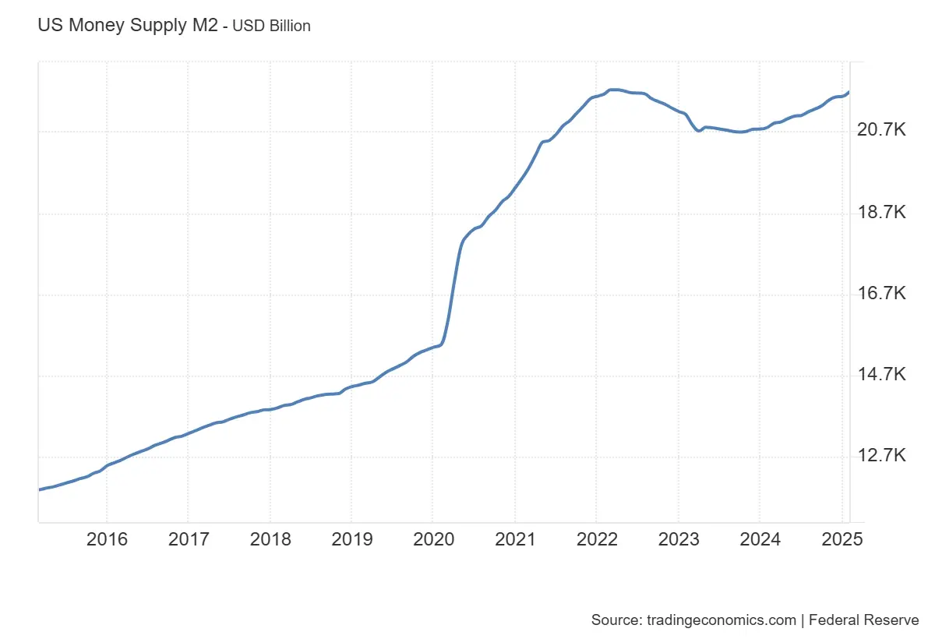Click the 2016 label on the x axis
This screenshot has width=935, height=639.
(x=107, y=540)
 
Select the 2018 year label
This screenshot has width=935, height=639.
(x=270, y=540)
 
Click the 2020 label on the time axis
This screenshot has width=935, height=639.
(x=432, y=540)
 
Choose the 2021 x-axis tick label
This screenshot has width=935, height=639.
(x=514, y=540)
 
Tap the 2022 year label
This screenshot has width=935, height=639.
(x=596, y=540)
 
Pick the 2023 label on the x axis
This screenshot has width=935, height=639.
(x=678, y=540)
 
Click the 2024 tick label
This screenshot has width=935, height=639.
(x=759, y=540)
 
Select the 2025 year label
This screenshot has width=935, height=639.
(x=841, y=540)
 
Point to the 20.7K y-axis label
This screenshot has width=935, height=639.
(x=881, y=131)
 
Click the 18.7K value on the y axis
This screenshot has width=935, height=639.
(x=881, y=213)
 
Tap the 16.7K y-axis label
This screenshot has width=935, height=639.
(x=881, y=294)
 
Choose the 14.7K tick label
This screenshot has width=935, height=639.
(x=881, y=375)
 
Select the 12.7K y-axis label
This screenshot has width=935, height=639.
(x=881, y=456)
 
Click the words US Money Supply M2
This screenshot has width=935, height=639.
(x=128, y=25)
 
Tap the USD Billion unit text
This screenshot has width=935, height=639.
(x=271, y=26)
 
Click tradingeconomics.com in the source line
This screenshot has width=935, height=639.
(x=722, y=620)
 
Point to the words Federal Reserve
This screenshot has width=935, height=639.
(x=864, y=620)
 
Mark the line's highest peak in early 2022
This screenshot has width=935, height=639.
(x=614, y=90)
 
